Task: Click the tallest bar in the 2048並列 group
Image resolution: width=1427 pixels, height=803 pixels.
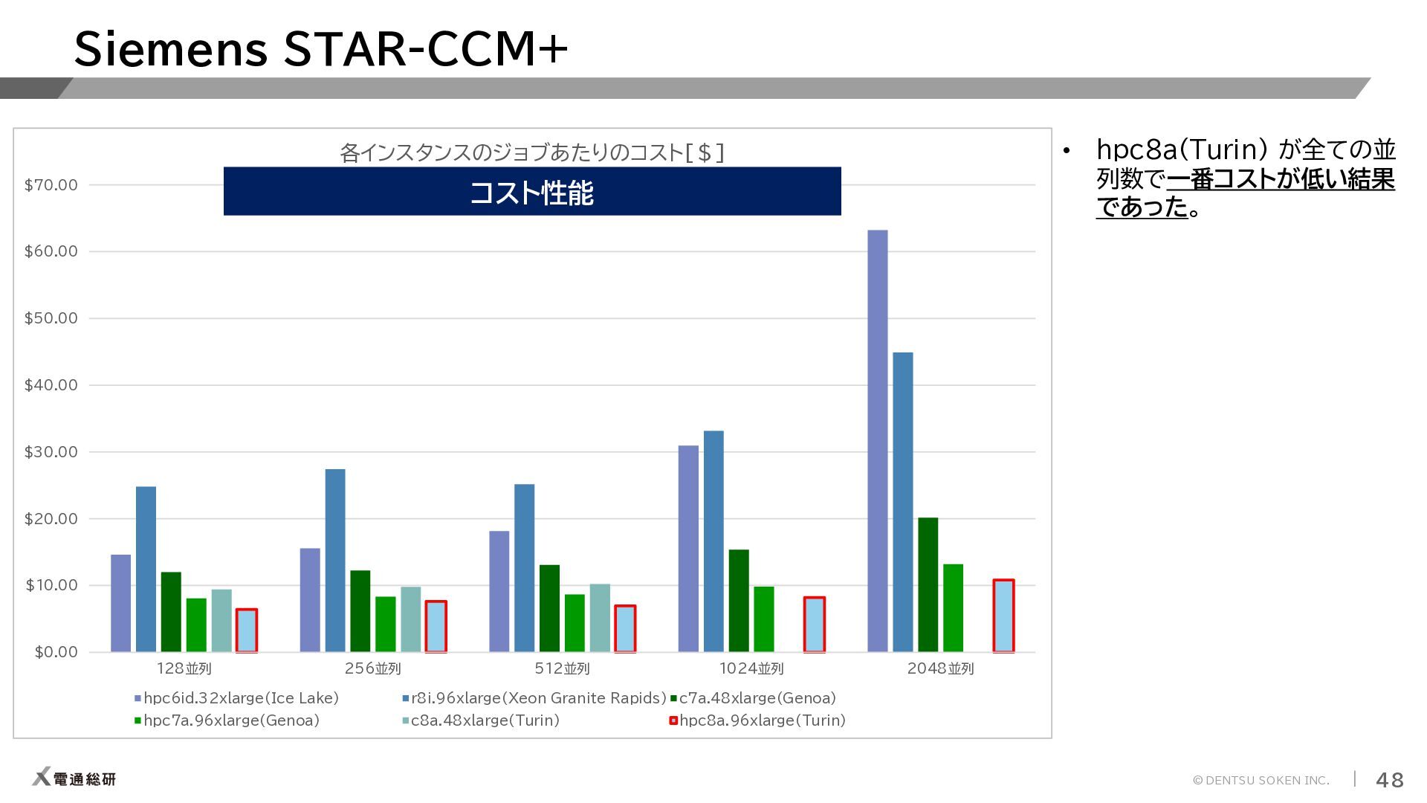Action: (877, 441)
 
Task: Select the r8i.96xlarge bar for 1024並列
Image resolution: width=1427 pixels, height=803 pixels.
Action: (713, 541)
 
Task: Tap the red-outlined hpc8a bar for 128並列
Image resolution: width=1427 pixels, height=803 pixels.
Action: (247, 631)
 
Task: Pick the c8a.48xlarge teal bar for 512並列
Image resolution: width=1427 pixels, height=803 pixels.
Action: (600, 618)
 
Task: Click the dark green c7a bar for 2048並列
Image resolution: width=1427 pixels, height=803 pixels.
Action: (928, 584)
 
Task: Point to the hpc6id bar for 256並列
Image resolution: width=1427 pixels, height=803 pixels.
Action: (310, 600)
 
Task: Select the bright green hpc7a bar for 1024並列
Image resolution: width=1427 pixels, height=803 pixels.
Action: (764, 619)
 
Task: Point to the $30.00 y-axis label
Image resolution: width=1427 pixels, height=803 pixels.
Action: (51, 452)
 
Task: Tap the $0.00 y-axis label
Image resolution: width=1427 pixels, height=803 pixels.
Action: (56, 652)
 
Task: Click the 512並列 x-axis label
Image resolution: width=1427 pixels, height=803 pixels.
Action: (562, 668)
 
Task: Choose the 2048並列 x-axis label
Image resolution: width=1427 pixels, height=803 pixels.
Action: (940, 668)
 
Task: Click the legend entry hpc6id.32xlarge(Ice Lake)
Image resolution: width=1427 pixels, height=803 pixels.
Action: (236, 698)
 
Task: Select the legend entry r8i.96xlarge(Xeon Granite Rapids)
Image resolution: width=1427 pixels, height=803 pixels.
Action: (534, 698)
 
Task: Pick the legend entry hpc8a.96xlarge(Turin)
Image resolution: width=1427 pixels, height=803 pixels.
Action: (757, 720)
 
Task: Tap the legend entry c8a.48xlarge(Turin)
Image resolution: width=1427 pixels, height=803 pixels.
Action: (480, 720)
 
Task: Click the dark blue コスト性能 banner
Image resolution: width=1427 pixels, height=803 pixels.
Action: (532, 191)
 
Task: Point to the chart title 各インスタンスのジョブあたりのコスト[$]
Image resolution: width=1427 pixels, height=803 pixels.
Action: (531, 152)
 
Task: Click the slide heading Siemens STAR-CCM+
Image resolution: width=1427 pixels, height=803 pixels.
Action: (321, 48)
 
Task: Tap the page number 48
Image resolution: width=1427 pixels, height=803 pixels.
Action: (1390, 779)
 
